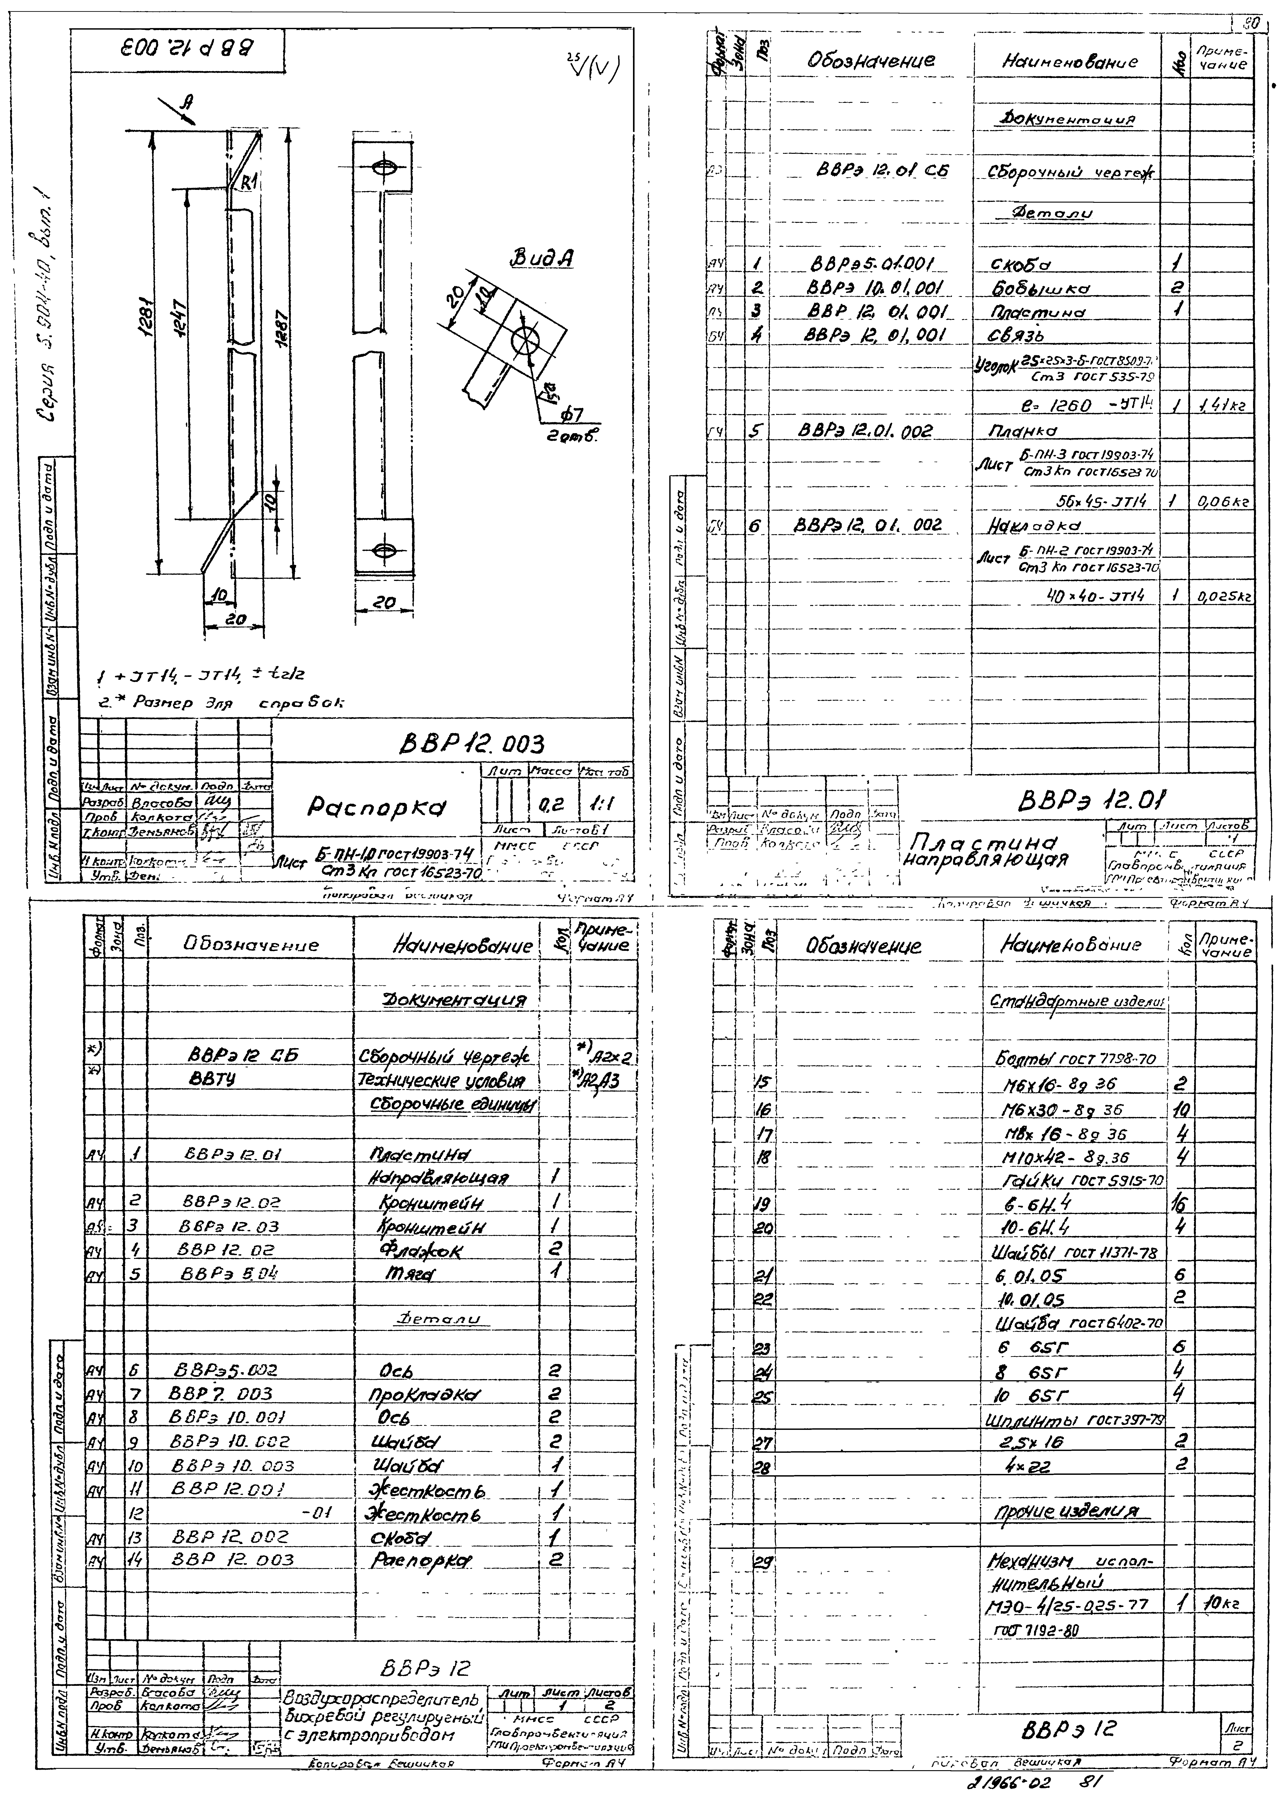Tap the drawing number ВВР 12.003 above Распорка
tap(472, 744)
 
